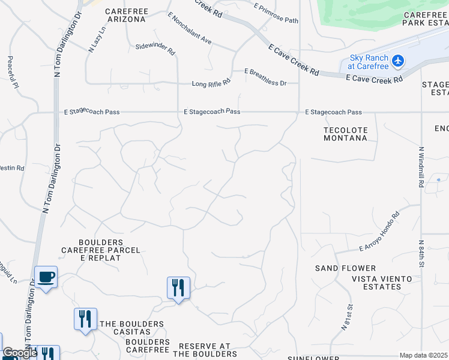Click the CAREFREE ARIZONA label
tap(126, 15)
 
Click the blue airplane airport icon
tap(397, 61)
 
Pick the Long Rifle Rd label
tap(211, 83)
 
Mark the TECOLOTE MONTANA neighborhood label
tap(345, 134)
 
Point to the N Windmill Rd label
tap(421, 167)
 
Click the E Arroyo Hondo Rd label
tap(379, 231)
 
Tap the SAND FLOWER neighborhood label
tap(346, 268)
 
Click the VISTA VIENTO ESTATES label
tap(382, 283)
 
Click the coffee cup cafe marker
tap(46, 277)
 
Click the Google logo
tap(20, 353)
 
